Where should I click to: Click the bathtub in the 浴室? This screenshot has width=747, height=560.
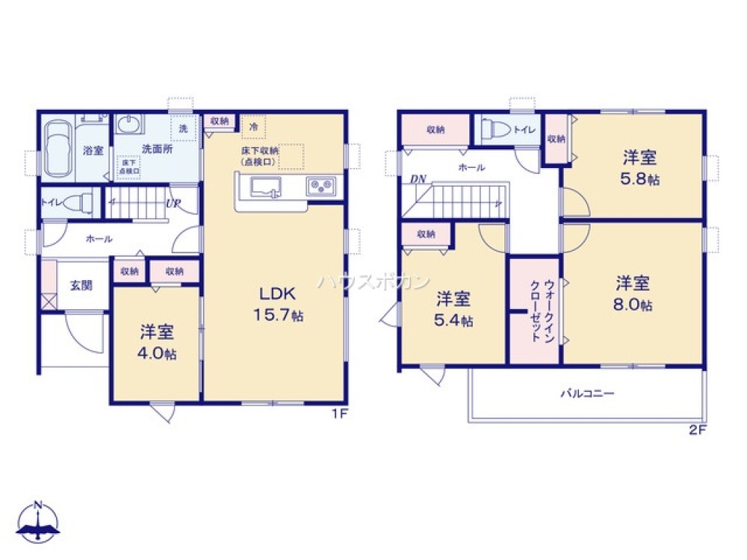(58, 149)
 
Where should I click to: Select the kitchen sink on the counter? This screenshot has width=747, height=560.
(266, 187)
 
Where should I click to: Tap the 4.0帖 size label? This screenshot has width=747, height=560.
(156, 354)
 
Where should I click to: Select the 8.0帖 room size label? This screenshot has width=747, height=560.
(633, 305)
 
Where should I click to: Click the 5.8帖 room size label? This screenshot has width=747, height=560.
(641, 180)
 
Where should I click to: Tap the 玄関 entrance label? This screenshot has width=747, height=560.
(81, 285)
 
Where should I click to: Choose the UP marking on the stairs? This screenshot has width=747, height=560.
(173, 203)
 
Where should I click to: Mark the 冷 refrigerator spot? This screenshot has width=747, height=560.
(254, 128)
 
